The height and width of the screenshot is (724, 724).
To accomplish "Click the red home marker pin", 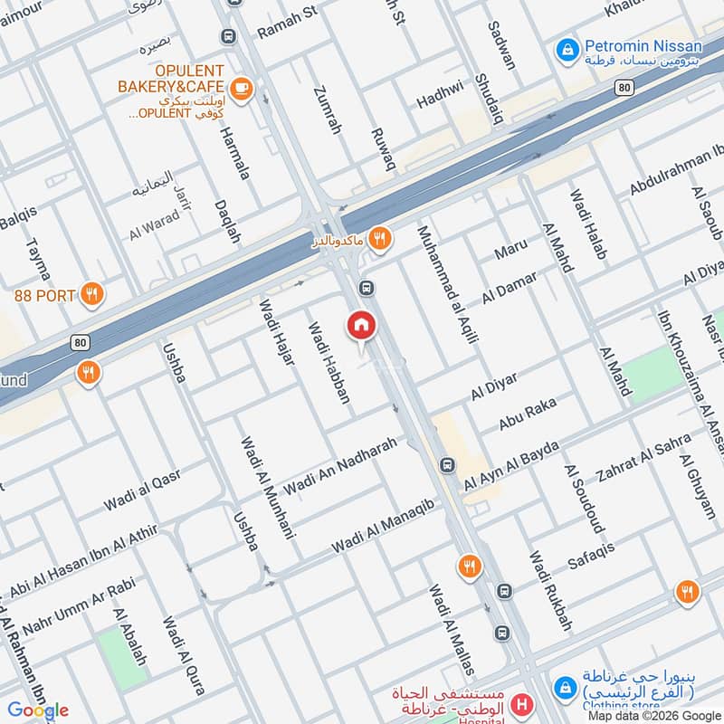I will click(361, 326).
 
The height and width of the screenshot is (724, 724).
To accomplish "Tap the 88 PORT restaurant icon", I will click(91, 294).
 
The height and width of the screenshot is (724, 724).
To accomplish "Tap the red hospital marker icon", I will click(521, 703).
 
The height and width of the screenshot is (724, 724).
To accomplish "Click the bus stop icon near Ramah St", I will click(226, 37).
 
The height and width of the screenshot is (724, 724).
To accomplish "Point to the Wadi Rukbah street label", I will click(551, 591).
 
